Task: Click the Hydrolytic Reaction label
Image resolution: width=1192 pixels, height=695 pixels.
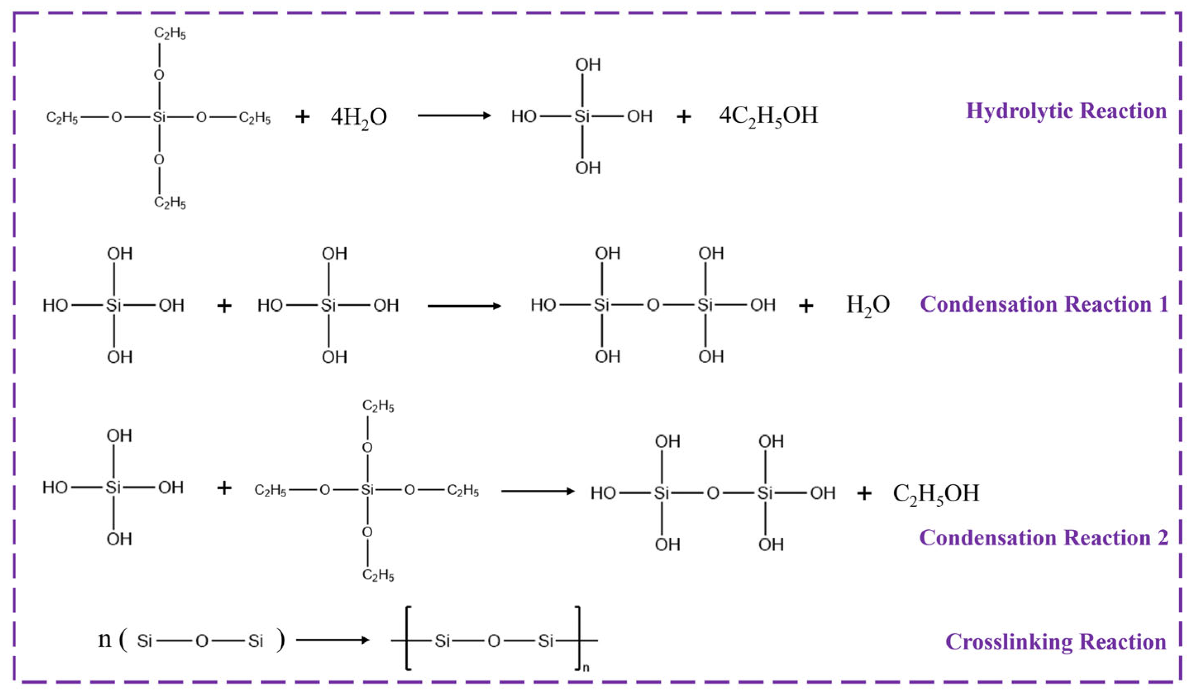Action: [1066, 111]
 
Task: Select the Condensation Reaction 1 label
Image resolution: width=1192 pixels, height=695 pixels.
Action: [1044, 304]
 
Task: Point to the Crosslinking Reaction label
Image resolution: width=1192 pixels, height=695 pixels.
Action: [1056, 642]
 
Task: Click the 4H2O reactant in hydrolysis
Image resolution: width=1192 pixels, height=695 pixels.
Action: [359, 117]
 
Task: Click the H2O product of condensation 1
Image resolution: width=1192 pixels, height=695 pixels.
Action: [868, 305]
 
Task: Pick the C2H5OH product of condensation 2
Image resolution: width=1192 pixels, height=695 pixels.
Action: [935, 493]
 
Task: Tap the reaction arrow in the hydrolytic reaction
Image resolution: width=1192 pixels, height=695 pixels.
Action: [454, 115]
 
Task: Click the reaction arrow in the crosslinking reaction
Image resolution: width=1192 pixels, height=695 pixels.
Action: [333, 640]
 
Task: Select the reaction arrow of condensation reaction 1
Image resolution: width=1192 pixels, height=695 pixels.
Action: [464, 306]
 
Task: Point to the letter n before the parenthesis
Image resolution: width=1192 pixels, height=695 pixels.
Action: [105, 639]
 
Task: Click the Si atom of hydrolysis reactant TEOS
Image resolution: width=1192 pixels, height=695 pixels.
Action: [159, 117]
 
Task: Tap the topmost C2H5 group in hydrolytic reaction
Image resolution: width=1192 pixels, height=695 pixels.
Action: [170, 33]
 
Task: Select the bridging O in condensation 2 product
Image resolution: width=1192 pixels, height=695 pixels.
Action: [713, 493]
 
